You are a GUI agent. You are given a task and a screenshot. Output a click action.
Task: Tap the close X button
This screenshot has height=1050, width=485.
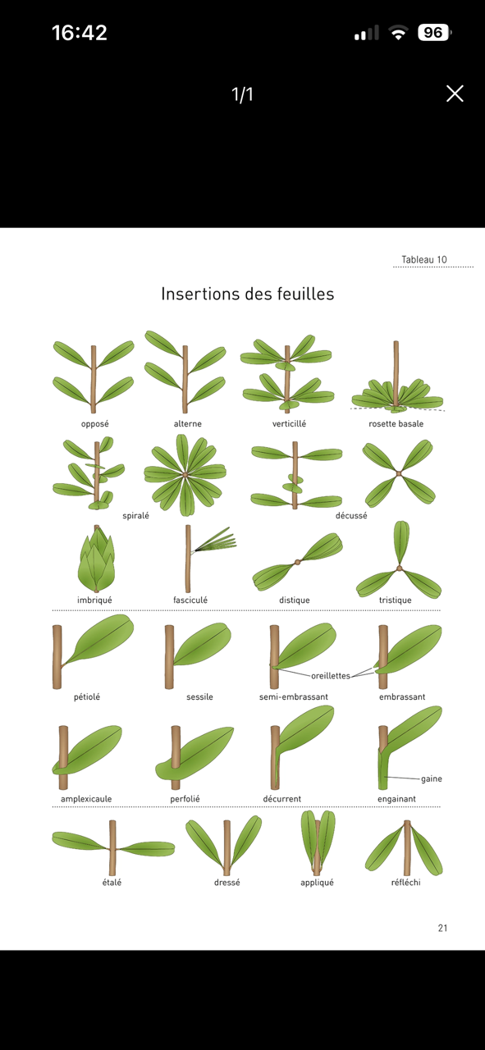coord(455,94)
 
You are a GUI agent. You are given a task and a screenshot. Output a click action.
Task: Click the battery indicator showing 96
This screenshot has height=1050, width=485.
coord(434,32)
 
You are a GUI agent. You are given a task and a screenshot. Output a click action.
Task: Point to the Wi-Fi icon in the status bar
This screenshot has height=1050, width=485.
coord(398,33)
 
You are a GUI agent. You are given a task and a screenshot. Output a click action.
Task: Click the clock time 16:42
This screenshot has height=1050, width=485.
coord(80,33)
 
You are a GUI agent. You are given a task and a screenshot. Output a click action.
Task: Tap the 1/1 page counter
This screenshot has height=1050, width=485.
coord(243,94)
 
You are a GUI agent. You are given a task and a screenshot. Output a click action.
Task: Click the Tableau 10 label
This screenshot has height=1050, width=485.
coord(424,260)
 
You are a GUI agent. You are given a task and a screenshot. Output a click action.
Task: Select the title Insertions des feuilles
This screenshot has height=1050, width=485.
coord(248,294)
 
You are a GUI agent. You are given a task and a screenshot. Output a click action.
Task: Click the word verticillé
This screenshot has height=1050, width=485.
coord(289,424)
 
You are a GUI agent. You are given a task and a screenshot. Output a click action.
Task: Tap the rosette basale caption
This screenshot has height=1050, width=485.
coord(396,424)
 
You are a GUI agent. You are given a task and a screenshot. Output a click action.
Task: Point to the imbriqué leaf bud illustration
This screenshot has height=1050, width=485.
coord(96,559)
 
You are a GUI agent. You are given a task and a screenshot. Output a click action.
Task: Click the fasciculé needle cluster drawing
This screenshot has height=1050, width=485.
coord(209,558)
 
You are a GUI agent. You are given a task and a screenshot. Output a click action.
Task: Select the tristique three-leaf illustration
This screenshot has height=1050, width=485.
coord(399,559)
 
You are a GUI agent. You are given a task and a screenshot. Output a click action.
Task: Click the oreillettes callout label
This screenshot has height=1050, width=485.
coord(331,676)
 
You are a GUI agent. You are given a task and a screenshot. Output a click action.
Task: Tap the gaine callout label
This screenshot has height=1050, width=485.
coord(432,778)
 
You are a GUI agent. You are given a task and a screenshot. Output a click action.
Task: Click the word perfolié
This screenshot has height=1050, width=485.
coord(185,799)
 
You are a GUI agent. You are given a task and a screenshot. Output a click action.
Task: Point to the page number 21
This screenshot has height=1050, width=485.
coord(443,928)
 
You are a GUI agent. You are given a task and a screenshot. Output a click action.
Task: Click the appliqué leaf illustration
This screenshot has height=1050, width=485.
coord(318,842)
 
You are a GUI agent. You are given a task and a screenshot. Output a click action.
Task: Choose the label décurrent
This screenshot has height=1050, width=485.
coord(282,799)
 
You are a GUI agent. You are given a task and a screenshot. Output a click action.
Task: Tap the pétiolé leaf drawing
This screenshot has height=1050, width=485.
coord(93,651)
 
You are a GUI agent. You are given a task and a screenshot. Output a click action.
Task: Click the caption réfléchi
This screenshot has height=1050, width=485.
coord(405,882)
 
